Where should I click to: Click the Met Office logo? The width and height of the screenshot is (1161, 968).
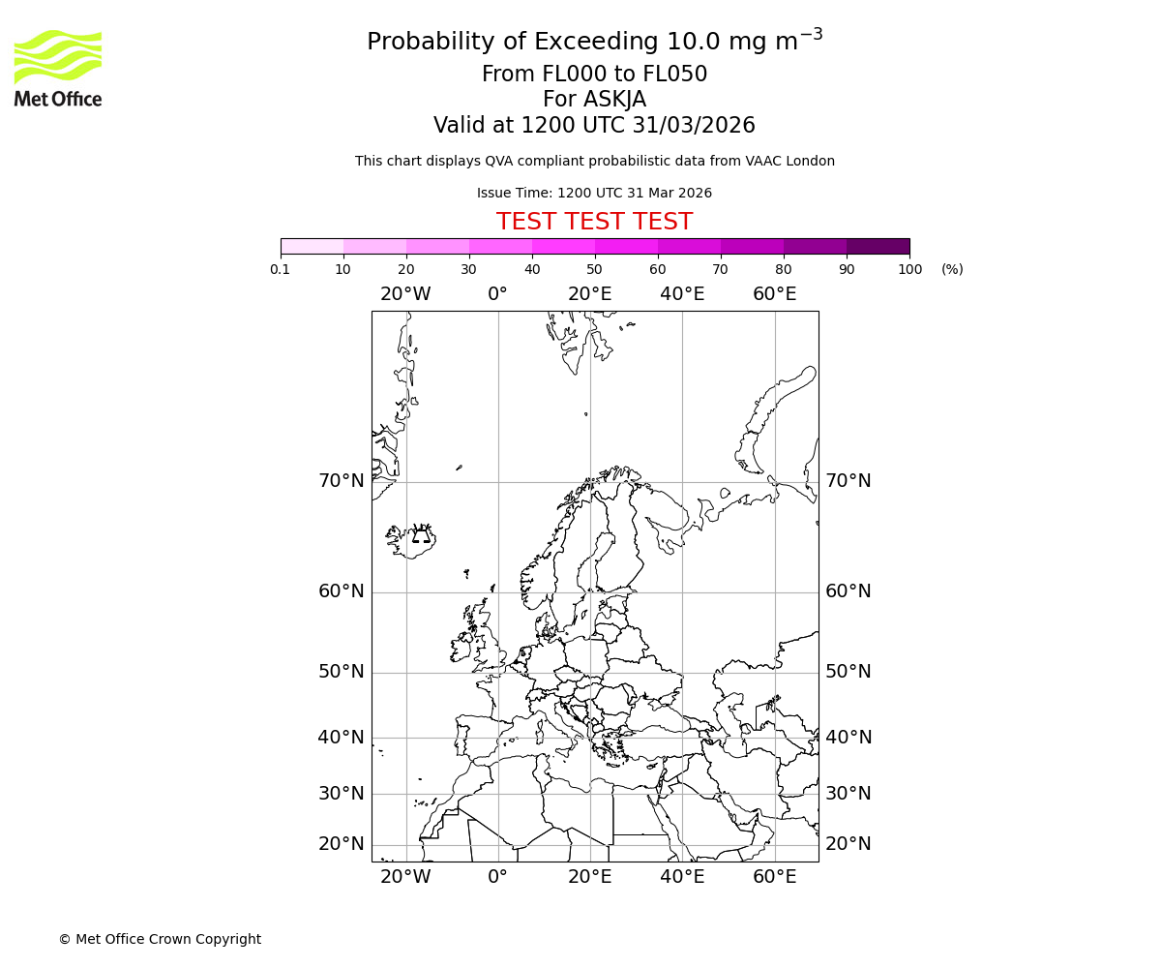pyautogui.click(x=58, y=68)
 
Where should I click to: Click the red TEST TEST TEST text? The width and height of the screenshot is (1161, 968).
pyautogui.click(x=594, y=222)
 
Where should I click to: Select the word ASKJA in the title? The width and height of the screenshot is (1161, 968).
pyautogui.click(x=613, y=100)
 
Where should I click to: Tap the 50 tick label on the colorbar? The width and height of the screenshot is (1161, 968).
pyautogui.click(x=594, y=269)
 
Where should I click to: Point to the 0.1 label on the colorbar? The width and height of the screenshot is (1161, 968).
pyautogui.click(x=281, y=269)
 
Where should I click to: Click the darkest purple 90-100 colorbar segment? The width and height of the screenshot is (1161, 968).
pyautogui.click(x=878, y=246)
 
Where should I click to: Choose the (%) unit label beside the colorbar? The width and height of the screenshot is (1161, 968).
pyautogui.click(x=952, y=269)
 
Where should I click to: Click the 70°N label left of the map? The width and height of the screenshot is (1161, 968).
pyautogui.click(x=342, y=481)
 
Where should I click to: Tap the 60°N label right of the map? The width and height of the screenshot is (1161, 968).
pyautogui.click(x=848, y=591)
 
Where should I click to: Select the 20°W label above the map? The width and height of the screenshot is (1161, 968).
pyautogui.click(x=405, y=294)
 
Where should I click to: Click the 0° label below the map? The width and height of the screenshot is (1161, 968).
pyautogui.click(x=497, y=877)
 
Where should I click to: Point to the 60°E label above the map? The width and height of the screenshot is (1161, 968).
pyautogui.click(x=774, y=294)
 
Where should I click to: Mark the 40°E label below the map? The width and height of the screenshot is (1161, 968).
pyautogui.click(x=682, y=877)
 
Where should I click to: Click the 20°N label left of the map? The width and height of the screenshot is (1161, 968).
pyautogui.click(x=342, y=844)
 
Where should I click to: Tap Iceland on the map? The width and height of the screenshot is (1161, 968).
pyautogui.click(x=410, y=538)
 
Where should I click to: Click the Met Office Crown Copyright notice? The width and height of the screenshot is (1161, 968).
pyautogui.click(x=160, y=939)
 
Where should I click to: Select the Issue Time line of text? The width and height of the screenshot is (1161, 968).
pyautogui.click(x=594, y=193)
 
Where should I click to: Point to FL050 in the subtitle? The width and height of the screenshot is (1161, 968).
pyautogui.click(x=674, y=75)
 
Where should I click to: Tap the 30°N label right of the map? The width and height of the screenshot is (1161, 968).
pyautogui.click(x=848, y=794)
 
